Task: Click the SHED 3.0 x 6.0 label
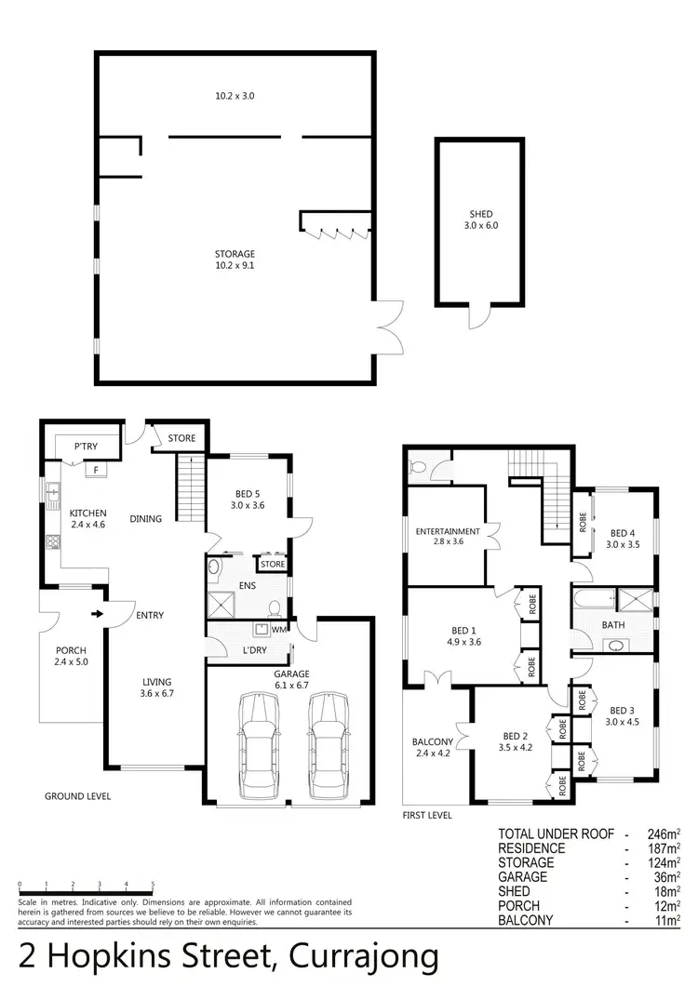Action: tap(480, 219)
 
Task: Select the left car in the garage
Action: tap(258, 745)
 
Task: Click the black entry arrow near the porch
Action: tap(96, 613)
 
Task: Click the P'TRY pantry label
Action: tap(87, 447)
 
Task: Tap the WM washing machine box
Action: tap(279, 630)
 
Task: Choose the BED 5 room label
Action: tap(248, 500)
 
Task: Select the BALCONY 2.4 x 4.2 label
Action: tap(433, 748)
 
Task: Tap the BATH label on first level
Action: tap(613, 624)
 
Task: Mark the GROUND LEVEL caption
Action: tap(78, 796)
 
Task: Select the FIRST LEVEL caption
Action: tap(428, 815)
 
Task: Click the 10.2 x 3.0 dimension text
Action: tap(235, 96)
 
